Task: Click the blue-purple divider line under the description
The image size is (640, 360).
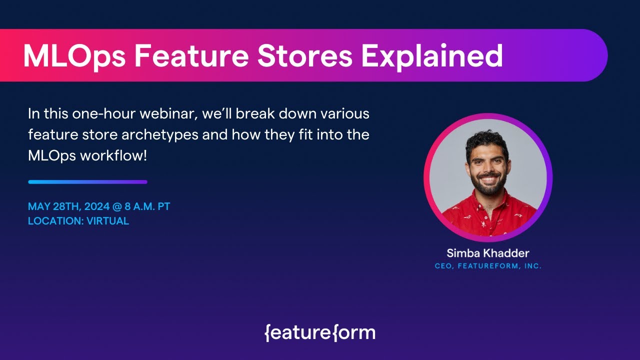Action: [87, 182]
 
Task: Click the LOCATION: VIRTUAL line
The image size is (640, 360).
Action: [78, 221]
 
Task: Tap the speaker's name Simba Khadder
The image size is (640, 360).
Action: [487, 253]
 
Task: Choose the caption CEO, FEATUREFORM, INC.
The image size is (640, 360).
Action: [488, 266]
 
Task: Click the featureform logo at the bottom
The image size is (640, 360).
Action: [320, 332]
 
